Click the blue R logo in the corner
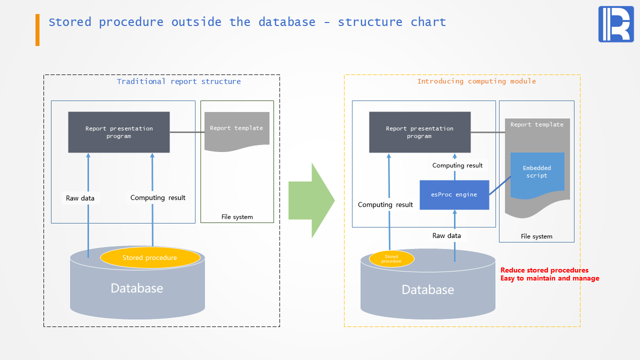point(615,24)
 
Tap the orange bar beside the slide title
point(37,30)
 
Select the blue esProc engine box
point(454,195)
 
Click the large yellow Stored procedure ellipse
point(150,257)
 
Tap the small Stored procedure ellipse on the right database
point(391,258)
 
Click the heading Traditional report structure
point(178,81)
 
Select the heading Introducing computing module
point(476,81)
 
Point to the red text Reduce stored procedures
point(544,270)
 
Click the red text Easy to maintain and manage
point(549,278)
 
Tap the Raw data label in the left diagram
point(80,198)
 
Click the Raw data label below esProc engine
point(446,236)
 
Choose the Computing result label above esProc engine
point(457,165)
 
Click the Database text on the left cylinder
point(136,288)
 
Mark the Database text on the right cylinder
point(427,290)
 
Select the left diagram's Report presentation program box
point(119,132)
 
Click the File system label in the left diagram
point(237,217)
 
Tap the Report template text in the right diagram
point(536,125)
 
